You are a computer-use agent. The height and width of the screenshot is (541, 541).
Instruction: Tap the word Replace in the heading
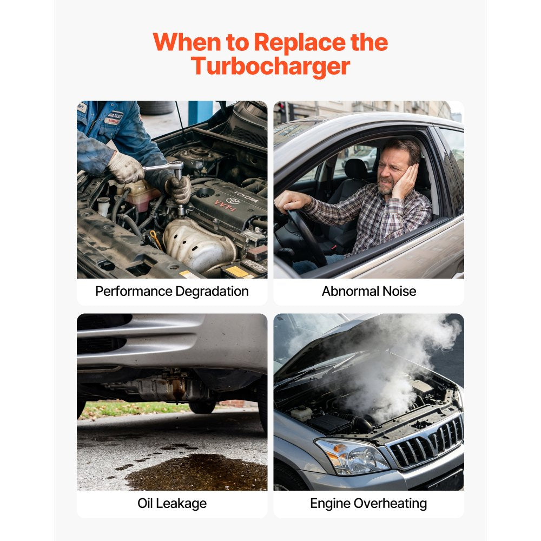pos(300,42)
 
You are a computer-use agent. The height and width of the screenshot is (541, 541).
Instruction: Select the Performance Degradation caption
pos(172,291)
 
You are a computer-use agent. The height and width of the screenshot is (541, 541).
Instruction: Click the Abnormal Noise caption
pos(369,291)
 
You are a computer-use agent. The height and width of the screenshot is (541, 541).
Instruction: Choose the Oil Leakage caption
pos(172,503)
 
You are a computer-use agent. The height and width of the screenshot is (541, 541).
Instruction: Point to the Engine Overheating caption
pos(368,504)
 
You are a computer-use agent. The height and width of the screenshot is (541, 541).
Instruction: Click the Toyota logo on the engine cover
pos(233,201)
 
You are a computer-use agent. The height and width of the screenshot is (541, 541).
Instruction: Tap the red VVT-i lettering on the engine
pos(225,205)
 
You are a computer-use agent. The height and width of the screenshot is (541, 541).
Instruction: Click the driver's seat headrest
pos(355,169)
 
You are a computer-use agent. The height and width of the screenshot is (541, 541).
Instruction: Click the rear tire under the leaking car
pos(202,407)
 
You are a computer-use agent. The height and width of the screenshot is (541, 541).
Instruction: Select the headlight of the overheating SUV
pos(352,456)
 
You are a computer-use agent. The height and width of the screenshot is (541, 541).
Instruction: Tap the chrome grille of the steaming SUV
pos(426,441)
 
